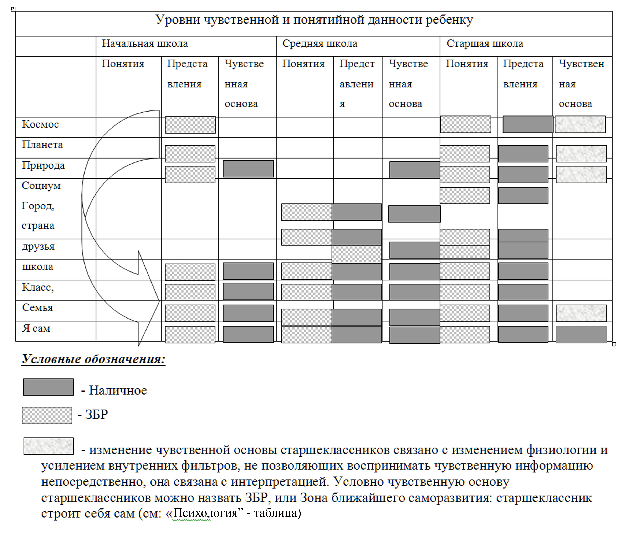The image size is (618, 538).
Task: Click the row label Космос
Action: tap(40, 124)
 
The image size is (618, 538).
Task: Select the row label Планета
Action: tap(42, 145)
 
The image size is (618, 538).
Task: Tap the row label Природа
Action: tap(43, 165)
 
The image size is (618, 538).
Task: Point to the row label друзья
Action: tap(38, 247)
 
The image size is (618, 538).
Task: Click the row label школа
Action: tap(37, 267)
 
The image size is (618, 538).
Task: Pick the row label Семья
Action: tap(37, 308)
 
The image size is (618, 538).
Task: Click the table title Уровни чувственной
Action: tap(314, 20)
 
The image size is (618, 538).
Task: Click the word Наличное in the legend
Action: tap(118, 390)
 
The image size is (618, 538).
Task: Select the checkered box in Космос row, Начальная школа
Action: tap(190, 125)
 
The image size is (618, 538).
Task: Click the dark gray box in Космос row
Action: tap(528, 124)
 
